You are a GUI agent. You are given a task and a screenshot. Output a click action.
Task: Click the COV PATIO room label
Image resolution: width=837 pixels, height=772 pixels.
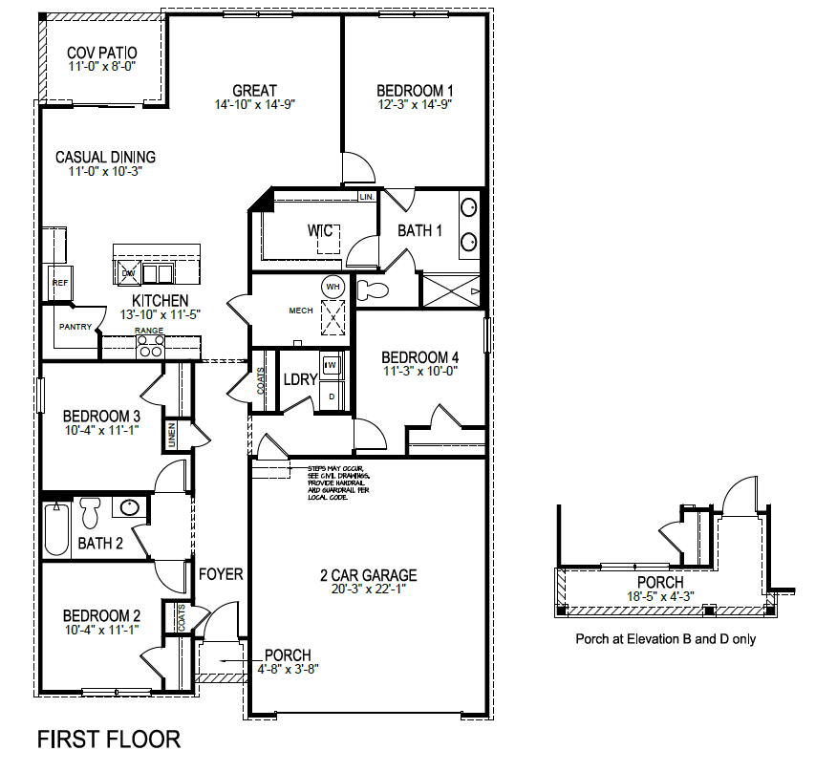tap(102, 53)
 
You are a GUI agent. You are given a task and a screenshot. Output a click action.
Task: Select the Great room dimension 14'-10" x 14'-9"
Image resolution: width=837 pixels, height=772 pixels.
tap(255, 105)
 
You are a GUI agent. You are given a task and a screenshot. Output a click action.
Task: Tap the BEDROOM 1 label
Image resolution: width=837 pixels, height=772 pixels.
tap(414, 91)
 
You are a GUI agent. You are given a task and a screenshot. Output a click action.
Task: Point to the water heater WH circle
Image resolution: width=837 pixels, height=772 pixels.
tap(333, 286)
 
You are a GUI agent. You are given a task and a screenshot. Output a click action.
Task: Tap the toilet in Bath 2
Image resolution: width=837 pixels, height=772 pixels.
tap(92, 512)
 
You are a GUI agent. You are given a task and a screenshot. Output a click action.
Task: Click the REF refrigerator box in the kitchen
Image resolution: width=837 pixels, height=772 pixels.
tap(59, 283)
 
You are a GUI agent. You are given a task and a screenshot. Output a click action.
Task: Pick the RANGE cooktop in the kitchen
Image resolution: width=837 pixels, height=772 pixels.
tap(150, 349)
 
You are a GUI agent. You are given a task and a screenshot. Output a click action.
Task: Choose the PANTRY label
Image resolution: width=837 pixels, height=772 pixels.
tap(75, 327)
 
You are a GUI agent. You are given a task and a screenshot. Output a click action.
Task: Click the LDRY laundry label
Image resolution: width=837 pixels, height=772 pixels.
tap(300, 379)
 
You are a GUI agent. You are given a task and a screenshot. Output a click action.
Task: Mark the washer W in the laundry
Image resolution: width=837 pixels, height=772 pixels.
tap(332, 365)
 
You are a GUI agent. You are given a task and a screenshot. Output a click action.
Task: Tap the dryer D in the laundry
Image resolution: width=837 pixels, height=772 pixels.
tap(332, 395)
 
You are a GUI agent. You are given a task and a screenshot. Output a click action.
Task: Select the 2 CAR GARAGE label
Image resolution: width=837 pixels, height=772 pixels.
tap(368, 575)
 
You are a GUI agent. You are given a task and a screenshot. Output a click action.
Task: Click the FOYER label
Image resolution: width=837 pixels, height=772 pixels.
tap(221, 574)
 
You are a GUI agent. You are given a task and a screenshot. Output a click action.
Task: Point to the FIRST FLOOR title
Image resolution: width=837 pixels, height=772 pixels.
tap(108, 739)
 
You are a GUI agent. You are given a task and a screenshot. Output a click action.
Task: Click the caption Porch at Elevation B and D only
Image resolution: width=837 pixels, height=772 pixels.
tap(665, 639)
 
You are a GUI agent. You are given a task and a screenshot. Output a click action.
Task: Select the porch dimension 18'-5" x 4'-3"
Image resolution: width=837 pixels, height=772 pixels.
tap(660, 596)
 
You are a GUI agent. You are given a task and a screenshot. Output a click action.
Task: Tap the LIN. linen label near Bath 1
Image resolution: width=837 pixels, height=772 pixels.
tap(366, 197)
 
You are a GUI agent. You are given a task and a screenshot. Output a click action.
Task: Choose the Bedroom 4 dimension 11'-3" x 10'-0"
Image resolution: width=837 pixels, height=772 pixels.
tap(421, 371)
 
